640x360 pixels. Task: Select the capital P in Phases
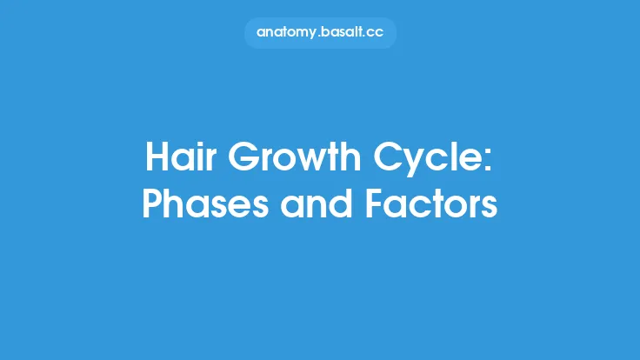click(151, 205)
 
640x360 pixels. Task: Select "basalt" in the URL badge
click(343, 32)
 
